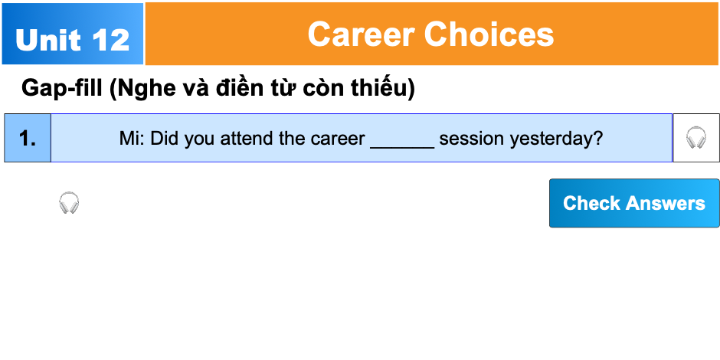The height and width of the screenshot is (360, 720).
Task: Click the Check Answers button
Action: [x=634, y=203]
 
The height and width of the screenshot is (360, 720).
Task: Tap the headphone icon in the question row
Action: [x=695, y=138]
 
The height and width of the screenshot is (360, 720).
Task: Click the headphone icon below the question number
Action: [x=69, y=203]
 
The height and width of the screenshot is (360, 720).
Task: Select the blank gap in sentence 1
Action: [x=402, y=139]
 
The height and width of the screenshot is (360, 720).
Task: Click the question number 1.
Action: [x=28, y=139]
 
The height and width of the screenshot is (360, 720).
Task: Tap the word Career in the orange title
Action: [x=361, y=34]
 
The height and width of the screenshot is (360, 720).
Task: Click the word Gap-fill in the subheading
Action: [x=63, y=89]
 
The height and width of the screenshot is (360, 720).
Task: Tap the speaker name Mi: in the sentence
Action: [x=132, y=139]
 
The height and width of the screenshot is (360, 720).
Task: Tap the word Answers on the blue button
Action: [x=666, y=203]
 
